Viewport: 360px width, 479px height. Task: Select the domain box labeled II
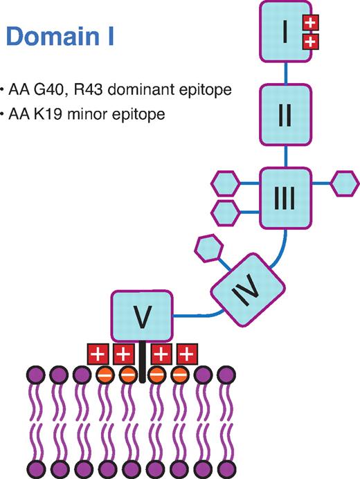[x=285, y=114]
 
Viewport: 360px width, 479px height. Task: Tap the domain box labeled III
[x=285, y=198]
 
